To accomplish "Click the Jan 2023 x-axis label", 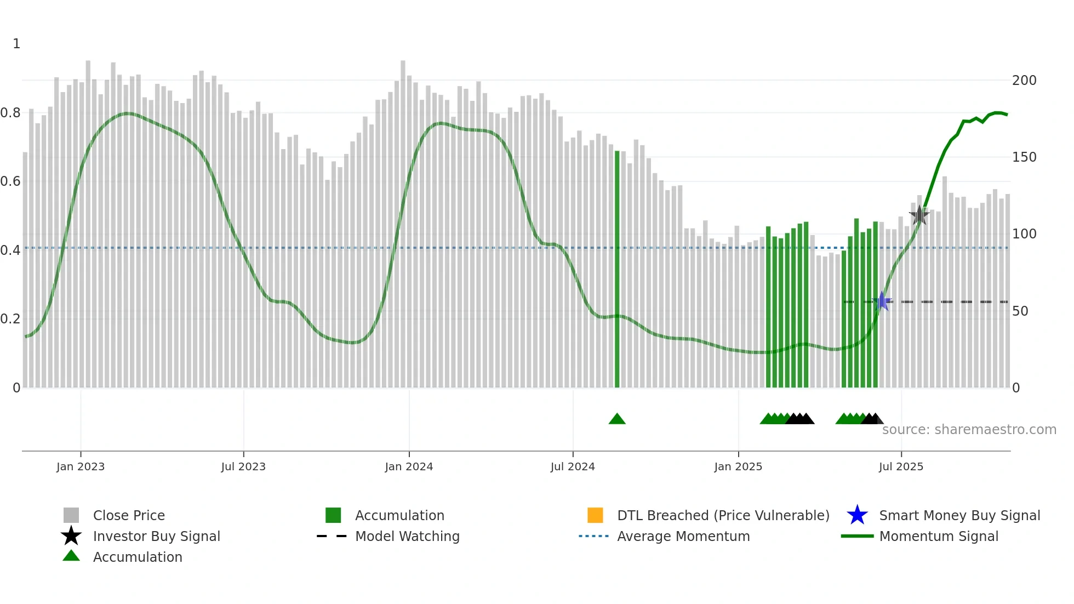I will point(81,466).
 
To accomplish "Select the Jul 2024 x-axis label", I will point(573,466).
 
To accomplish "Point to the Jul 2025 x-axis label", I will point(901,466).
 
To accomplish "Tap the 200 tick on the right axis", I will point(1024,81).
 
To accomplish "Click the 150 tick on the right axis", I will point(1024,157).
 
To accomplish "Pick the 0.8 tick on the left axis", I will point(10,113).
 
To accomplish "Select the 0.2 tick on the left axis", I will point(10,319).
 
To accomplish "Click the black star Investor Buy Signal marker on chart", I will point(919,215).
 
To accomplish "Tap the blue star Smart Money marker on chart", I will point(882,301).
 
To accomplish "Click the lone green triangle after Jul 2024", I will point(617,419).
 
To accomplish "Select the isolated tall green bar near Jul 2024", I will point(617,269).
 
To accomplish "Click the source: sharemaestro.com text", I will point(969,430).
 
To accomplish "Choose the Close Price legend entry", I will point(129,515).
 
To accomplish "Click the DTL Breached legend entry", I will point(723,515).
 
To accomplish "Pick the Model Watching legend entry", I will point(407,536).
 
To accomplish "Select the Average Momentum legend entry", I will point(683,536).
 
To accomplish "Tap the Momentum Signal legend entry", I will point(938,536).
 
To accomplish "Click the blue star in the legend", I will point(857,515).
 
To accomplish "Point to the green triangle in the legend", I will point(71,556).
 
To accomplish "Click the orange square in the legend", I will point(595,515).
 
